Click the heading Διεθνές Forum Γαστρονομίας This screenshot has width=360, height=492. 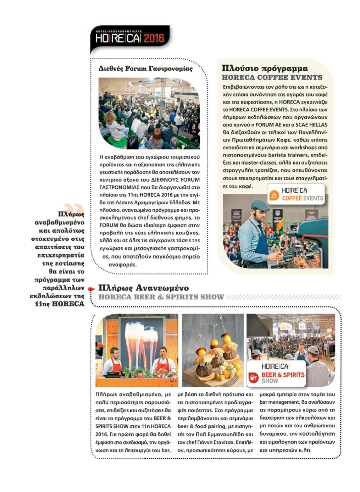145,68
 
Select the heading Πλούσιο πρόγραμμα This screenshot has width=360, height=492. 265,68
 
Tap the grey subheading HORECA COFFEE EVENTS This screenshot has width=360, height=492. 272,77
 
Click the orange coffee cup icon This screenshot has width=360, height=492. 274,195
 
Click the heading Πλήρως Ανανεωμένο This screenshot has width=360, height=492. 143,288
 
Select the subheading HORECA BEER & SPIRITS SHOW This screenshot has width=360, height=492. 161,297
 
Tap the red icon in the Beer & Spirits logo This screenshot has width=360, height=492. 253,377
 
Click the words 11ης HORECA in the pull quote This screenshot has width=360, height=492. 60,304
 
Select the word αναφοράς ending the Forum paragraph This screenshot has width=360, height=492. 122,265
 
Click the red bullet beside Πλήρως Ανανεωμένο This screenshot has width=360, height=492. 92,289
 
